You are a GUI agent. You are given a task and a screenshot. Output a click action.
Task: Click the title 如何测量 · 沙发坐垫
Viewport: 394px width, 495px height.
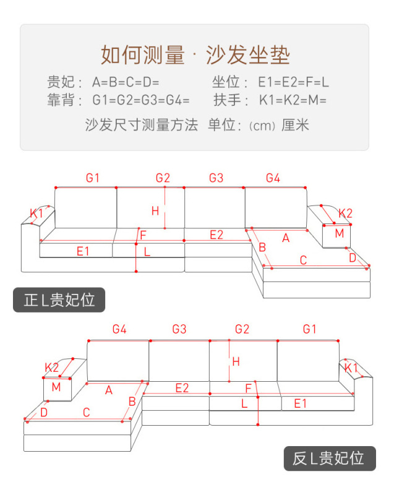pyautogui.click(x=195, y=55)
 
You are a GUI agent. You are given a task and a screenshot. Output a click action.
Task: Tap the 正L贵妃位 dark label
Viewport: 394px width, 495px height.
pyautogui.click(x=59, y=300)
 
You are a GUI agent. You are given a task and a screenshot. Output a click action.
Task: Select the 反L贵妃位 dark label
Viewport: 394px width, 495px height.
pyautogui.click(x=328, y=458)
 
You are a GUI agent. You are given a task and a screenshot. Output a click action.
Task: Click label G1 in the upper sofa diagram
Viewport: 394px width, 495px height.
pyautogui.click(x=92, y=178)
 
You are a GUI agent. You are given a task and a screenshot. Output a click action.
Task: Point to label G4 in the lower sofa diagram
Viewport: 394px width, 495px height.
pyautogui.click(x=119, y=330)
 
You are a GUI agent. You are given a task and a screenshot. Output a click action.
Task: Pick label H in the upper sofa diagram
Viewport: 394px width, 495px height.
pyautogui.click(x=155, y=211)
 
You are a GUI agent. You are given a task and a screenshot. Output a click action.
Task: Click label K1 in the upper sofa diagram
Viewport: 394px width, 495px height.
pyautogui.click(x=36, y=213)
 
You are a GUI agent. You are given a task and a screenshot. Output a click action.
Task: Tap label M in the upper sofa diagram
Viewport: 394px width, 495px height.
pyautogui.click(x=339, y=233)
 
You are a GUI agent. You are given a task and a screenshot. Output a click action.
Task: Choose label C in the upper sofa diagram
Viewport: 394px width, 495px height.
pyautogui.click(x=303, y=260)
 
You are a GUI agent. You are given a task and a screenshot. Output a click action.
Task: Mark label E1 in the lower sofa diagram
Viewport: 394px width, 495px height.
pyautogui.click(x=301, y=403)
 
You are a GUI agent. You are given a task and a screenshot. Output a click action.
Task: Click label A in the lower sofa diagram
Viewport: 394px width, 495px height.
pyautogui.click(x=109, y=390)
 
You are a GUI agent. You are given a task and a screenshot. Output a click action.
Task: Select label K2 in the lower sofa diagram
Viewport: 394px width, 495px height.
pyautogui.click(x=51, y=367)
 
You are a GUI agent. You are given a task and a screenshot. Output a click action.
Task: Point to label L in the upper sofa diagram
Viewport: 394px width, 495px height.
pyautogui.click(x=147, y=252)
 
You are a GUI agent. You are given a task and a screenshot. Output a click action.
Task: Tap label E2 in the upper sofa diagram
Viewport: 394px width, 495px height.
pyautogui.click(x=216, y=234)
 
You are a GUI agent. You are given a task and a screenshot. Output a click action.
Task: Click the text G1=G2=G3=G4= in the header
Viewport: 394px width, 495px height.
pyautogui.click(x=141, y=100)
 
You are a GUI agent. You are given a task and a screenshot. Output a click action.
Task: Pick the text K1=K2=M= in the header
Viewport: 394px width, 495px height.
pyautogui.click(x=293, y=100)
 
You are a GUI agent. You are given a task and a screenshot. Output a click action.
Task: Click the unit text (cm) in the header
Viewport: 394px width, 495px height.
pyautogui.click(x=262, y=126)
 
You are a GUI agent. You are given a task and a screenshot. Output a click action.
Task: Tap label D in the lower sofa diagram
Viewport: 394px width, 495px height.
pyautogui.click(x=44, y=412)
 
